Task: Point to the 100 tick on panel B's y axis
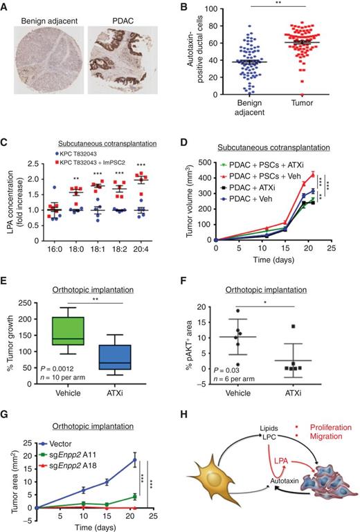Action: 197,9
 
